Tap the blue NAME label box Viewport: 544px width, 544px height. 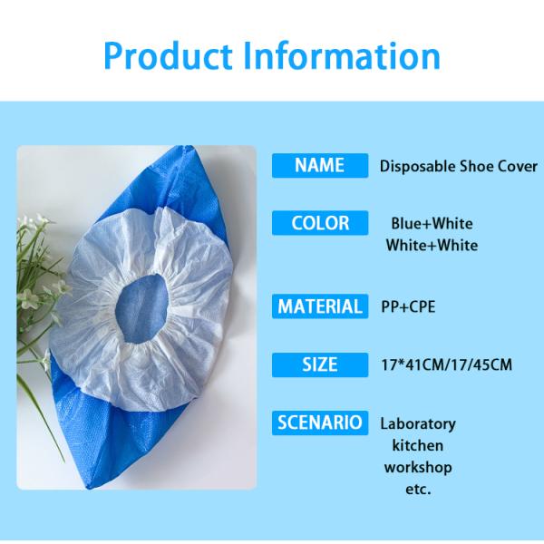click(x=319, y=165)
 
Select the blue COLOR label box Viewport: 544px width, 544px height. click(x=319, y=222)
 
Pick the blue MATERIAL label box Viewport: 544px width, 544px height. click(x=319, y=306)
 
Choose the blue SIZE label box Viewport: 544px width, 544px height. click(x=319, y=364)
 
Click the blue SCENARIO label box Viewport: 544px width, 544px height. click(x=319, y=422)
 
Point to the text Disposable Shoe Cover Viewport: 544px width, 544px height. click(x=458, y=167)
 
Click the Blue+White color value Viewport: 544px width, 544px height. click(x=432, y=223)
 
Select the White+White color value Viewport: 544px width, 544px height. click(x=432, y=245)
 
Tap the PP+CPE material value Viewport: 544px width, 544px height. click(x=408, y=307)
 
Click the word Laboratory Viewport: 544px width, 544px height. click(x=418, y=424)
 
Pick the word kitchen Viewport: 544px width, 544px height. click(x=418, y=446)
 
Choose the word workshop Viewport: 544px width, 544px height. click(x=418, y=468)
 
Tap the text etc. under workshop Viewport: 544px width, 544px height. click(x=418, y=490)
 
